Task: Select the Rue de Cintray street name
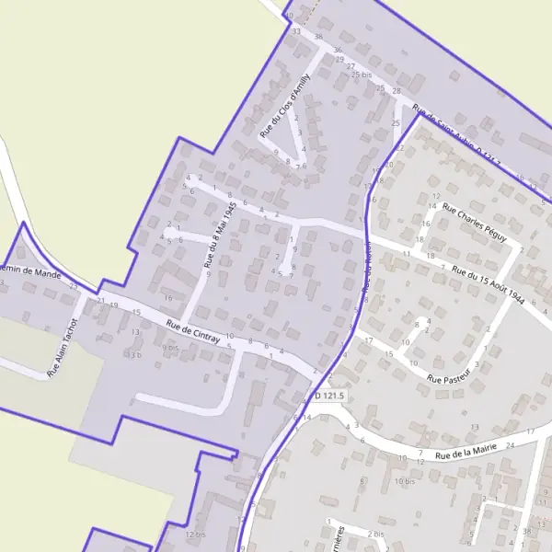(194, 331)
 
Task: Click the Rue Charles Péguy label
(474, 223)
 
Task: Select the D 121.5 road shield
(328, 396)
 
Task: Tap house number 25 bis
(362, 74)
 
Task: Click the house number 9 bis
(170, 348)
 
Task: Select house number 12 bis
(194, 534)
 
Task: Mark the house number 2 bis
(375, 534)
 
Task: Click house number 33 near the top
(296, 31)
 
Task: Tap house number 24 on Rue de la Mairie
(512, 444)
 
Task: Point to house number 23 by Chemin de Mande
(74, 286)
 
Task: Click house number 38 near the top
(319, 37)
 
